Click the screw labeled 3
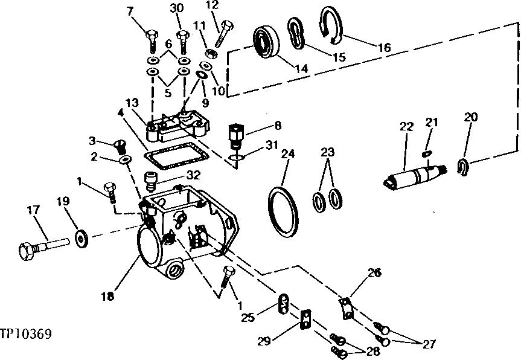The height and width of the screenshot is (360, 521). pos(120,146)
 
